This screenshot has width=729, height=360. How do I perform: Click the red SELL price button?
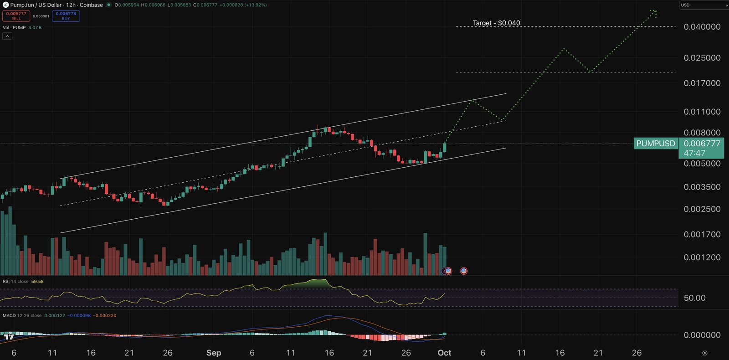16,16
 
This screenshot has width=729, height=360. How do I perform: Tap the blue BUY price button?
66,16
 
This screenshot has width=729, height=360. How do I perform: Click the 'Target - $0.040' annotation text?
496,23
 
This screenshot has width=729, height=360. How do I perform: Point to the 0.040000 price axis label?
702,27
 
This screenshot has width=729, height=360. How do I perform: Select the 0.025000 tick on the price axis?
702,58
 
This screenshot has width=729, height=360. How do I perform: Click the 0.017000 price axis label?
702,83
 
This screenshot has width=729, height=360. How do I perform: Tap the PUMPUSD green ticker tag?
656,144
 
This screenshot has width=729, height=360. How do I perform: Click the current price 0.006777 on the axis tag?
702,144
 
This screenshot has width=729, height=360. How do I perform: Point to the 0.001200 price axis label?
702,257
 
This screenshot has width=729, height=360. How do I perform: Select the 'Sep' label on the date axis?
214,353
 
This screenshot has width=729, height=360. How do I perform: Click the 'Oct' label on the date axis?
444,353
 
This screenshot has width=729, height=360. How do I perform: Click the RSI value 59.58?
37,282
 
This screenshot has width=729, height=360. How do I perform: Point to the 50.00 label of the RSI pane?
694,298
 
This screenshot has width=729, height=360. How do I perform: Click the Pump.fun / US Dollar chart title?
56,5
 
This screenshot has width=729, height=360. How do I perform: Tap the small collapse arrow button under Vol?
7,36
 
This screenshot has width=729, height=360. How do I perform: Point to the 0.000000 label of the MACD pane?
702,335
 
